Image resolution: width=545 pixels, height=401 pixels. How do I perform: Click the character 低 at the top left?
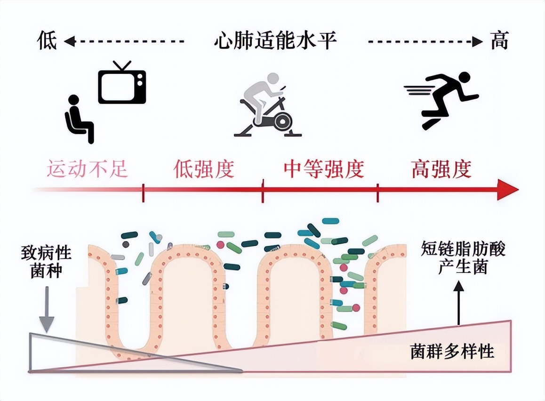click(47, 41)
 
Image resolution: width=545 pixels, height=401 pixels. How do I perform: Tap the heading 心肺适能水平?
click(275, 41)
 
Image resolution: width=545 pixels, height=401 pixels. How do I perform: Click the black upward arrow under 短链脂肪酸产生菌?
click(458, 301)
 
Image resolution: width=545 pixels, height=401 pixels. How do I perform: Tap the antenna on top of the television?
click(122, 65)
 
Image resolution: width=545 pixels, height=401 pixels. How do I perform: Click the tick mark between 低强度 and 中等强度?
click(263, 190)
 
